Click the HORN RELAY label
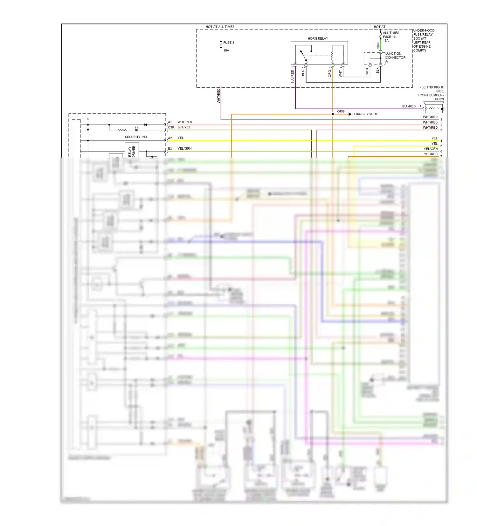click(x=318, y=38)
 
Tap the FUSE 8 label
click(x=229, y=43)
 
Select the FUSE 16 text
click(x=389, y=37)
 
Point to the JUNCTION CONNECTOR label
click(x=395, y=56)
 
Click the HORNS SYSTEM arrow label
click(x=364, y=114)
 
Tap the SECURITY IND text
click(x=136, y=137)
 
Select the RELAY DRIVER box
click(x=132, y=151)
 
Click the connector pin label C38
click(x=171, y=127)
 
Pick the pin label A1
click(x=170, y=122)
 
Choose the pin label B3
click(x=170, y=149)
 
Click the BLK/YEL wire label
click(x=184, y=127)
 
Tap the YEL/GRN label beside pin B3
click(x=184, y=149)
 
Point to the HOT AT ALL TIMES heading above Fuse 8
click(x=220, y=27)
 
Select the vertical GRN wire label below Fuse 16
click(x=378, y=46)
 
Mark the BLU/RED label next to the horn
click(x=409, y=106)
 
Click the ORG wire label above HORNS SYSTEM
click(x=341, y=111)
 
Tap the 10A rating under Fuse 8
click(x=226, y=51)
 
